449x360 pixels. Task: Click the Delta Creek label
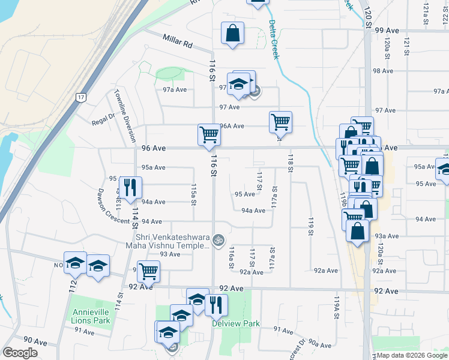click(x=274, y=40)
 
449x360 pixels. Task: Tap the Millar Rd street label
click(x=177, y=41)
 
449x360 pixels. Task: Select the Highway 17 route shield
click(x=81, y=97)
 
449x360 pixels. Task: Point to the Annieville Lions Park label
click(x=92, y=316)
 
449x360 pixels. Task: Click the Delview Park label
click(x=236, y=323)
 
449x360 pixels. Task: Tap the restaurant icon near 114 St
click(x=129, y=187)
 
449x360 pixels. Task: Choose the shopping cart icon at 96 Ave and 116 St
click(x=209, y=134)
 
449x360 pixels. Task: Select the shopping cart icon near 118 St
click(x=280, y=122)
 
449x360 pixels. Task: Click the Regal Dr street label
click(x=103, y=122)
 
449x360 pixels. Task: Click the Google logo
click(x=20, y=353)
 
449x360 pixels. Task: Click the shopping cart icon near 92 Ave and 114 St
click(x=148, y=271)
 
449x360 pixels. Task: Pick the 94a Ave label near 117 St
click(x=253, y=211)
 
